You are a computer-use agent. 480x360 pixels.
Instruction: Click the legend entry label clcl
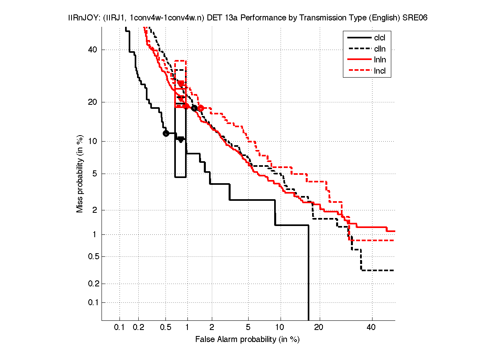click(380, 38)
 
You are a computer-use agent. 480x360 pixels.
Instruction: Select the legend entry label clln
click(380, 49)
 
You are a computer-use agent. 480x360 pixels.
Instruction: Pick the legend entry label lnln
click(380, 60)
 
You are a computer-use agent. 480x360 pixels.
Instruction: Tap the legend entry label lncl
click(380, 72)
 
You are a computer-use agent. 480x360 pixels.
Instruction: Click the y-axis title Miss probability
click(80, 174)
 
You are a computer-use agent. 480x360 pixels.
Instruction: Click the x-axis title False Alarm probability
click(247, 340)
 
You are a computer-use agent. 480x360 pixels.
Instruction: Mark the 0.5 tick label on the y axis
click(92, 257)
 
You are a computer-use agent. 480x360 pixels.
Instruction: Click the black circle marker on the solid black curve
click(166, 133)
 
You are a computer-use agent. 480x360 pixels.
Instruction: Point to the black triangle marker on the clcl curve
click(181, 139)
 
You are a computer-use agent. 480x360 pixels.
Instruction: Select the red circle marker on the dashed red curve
click(201, 108)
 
